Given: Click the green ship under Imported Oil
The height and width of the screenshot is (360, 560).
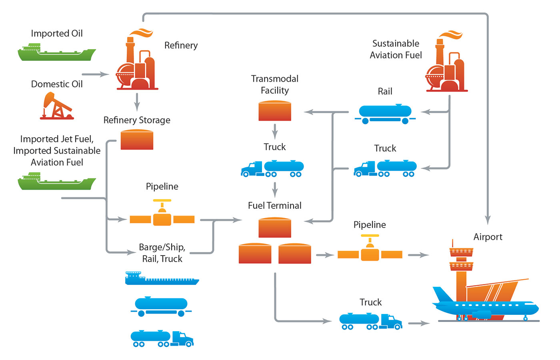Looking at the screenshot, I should (x=57, y=53).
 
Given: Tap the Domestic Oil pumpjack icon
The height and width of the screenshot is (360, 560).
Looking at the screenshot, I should (x=57, y=106).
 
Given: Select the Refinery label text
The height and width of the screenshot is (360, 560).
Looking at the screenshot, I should (x=181, y=46).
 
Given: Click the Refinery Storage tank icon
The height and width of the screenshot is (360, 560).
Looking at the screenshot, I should (x=137, y=140).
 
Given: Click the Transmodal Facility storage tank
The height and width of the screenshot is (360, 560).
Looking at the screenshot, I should (x=275, y=111).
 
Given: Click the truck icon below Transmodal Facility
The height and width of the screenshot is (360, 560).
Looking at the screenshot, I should (x=272, y=168).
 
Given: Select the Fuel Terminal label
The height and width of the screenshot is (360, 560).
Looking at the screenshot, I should (x=275, y=206).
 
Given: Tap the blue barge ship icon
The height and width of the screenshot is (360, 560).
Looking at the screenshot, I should (x=162, y=278).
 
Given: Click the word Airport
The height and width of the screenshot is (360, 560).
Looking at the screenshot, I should (x=488, y=237).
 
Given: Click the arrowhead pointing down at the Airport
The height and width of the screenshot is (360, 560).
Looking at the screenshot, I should (x=488, y=220).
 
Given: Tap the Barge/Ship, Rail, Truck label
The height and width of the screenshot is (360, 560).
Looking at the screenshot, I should (x=162, y=253).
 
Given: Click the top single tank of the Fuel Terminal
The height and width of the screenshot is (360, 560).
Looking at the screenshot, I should (x=275, y=228).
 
